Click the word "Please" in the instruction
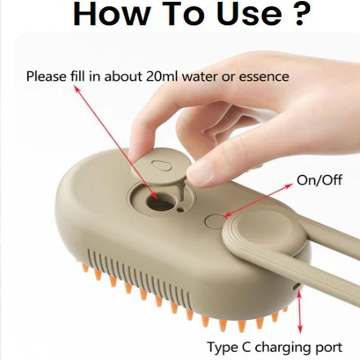[x=47, y=76]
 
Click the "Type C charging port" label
[x=275, y=347]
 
